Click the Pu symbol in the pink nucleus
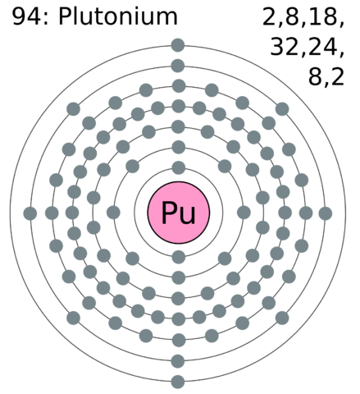pyautogui.click(x=179, y=213)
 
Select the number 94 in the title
pyautogui.click(x=26, y=16)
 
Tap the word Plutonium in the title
pyautogui.click(x=118, y=16)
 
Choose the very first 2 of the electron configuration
pyautogui.click(x=269, y=16)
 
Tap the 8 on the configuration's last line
pyautogui.click(x=315, y=76)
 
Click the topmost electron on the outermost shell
pyautogui.click(x=178, y=45)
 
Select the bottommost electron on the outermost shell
pyautogui.click(x=178, y=382)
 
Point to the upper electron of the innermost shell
pyautogui.click(x=179, y=167)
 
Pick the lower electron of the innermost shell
pyautogui.click(x=179, y=257)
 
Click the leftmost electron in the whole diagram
pyautogui.click(x=30, y=213)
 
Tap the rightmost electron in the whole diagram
pyautogui.click(x=326, y=213)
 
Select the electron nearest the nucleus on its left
pyautogui.click(x=113, y=213)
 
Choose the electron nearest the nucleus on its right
pyautogui.click(x=244, y=213)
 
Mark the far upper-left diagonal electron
pyautogui.click(x=73, y=109)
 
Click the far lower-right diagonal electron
pyautogui.click(x=282, y=318)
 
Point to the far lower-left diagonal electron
pyautogui.click(x=73, y=318)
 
